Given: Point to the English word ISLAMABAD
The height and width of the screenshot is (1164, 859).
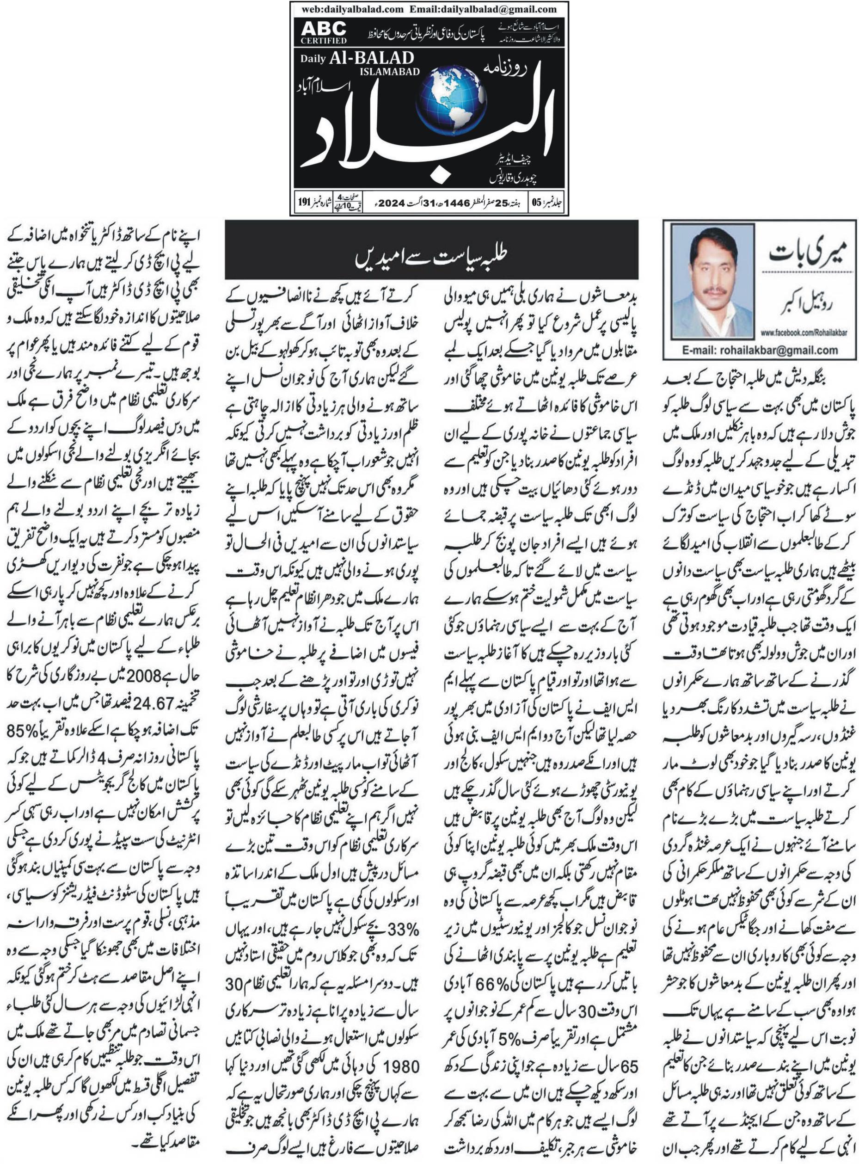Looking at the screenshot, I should click(x=389, y=72).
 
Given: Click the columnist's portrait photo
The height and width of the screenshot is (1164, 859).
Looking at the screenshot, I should click(x=712, y=281).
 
